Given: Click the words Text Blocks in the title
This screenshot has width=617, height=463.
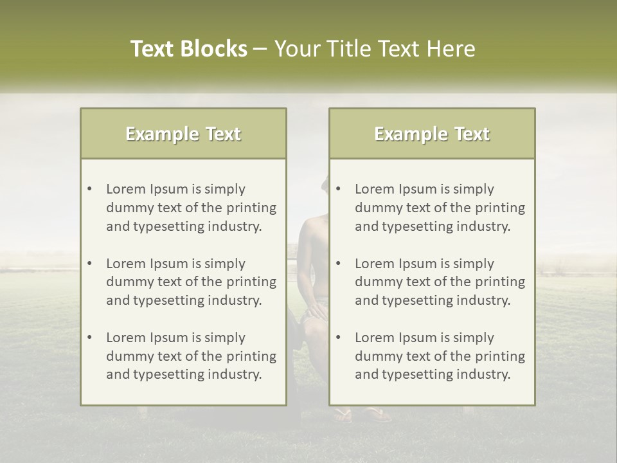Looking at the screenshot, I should point(188,49).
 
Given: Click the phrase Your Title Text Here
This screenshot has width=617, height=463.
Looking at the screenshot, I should point(375,49).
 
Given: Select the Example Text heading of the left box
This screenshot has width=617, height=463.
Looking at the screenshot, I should point(183,134).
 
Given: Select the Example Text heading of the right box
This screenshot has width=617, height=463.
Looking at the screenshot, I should point(432,134).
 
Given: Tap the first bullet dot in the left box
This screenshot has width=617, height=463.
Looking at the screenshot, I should point(90,189).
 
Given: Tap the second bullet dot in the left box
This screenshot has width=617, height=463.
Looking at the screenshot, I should point(90,264).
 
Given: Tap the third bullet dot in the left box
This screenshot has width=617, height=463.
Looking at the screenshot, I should point(90,338).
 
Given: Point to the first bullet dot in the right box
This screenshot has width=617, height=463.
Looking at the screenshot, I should point(339,189).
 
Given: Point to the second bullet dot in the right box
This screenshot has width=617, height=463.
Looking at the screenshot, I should point(339,264).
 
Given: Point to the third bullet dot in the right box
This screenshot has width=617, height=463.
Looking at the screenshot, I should point(339,338).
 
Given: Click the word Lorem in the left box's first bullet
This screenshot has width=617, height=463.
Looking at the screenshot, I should point(126,189).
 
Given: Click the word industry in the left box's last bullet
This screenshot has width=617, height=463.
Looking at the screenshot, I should point(236,374).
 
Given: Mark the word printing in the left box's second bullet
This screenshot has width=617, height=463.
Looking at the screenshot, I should point(253,282).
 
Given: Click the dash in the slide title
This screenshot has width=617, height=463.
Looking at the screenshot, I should point(261,50).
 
